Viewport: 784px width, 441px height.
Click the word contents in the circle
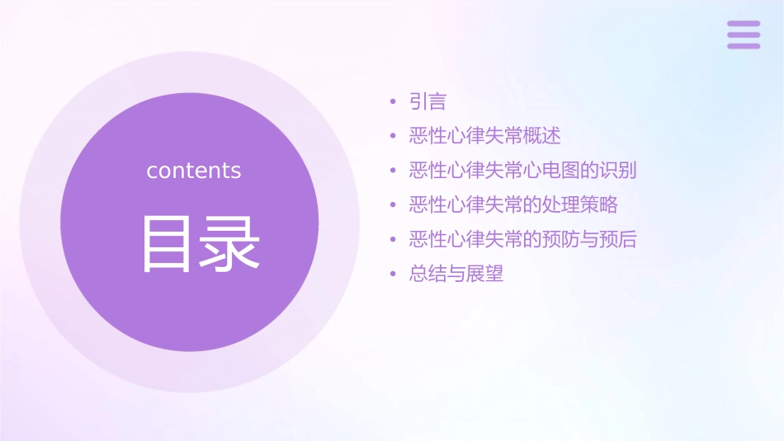click(194, 171)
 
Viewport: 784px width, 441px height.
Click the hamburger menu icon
click(744, 35)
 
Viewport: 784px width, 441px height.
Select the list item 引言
click(427, 102)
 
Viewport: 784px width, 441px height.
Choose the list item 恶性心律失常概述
click(484, 136)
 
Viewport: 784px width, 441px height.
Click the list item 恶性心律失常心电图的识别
click(522, 171)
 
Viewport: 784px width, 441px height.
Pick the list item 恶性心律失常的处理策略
click(513, 204)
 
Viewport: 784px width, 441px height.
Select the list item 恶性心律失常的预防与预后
click(522, 239)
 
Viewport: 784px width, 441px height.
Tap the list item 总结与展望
click(456, 274)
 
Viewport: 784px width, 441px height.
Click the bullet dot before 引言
click(393, 103)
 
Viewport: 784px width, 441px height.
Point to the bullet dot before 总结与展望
click(393, 274)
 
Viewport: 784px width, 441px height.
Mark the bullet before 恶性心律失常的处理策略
click(393, 205)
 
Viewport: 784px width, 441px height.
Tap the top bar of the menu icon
click(744, 24)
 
